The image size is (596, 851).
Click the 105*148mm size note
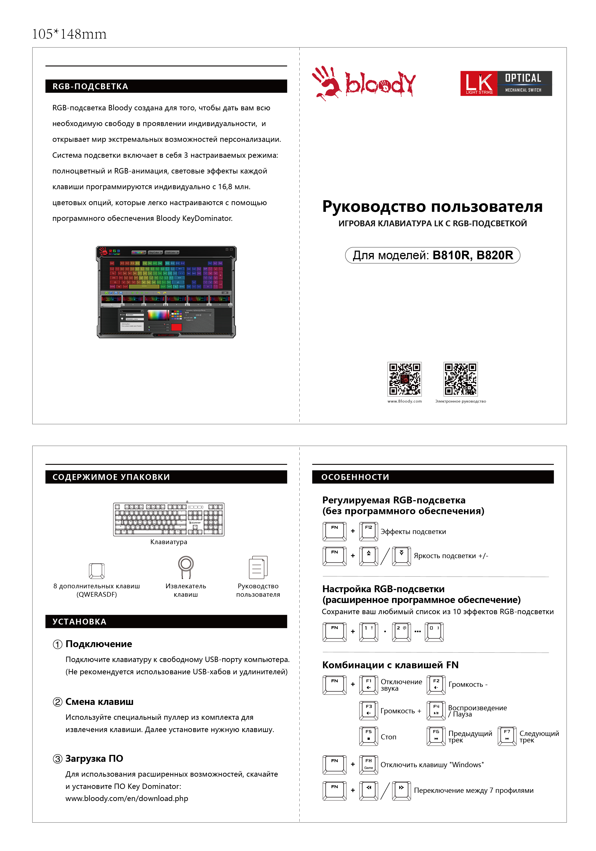pos(69,34)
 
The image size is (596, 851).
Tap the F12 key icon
pos(369,531)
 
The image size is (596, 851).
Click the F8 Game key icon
pos(369,765)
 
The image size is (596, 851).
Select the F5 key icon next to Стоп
pos(369,736)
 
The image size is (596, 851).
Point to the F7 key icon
pos(507,736)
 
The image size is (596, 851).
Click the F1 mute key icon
pos(369,685)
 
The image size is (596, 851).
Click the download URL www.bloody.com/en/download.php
pos(127,798)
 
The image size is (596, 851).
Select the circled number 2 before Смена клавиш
pos(58,702)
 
